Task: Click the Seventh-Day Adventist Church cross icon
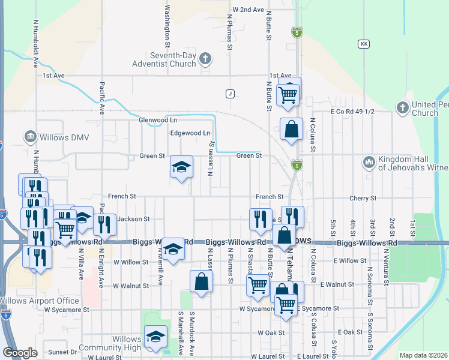(205, 59)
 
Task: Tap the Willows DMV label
(64, 138)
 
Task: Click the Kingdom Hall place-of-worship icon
(369, 161)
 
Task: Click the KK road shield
(363, 44)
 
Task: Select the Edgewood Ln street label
(191, 133)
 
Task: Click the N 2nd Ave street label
(248, 10)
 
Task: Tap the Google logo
(20, 353)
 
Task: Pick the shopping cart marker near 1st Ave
(289, 94)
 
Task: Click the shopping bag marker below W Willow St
(201, 282)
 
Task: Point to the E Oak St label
(350, 332)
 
